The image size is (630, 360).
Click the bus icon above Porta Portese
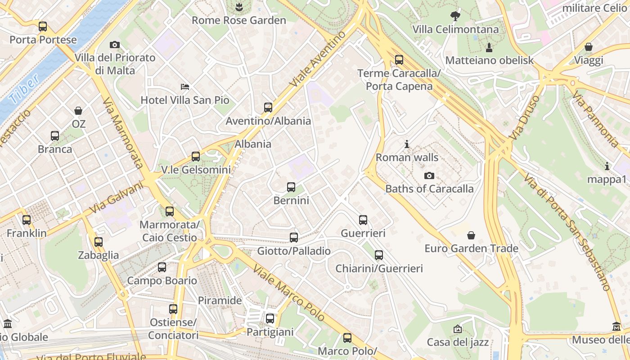tap(43, 27)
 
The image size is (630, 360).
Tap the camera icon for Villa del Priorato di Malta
tap(115, 45)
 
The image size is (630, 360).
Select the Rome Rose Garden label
tap(238, 20)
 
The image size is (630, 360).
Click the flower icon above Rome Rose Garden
tap(238, 7)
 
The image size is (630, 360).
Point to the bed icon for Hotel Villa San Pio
tap(185, 86)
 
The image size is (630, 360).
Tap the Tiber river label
tap(23, 90)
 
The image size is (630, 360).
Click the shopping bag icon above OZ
tap(78, 110)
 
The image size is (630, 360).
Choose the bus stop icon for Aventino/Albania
tap(268, 108)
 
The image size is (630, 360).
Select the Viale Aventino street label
tap(318, 59)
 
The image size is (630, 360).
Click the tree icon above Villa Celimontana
tap(455, 16)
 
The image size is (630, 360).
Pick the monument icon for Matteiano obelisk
tap(489, 47)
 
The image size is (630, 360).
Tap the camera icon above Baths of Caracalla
tap(429, 175)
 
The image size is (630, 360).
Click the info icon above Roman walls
tap(407, 144)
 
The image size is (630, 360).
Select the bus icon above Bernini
tap(291, 187)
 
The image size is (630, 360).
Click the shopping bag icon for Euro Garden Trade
tap(471, 235)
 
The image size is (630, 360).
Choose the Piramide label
tap(220, 300)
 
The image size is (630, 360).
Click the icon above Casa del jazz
tap(458, 329)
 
